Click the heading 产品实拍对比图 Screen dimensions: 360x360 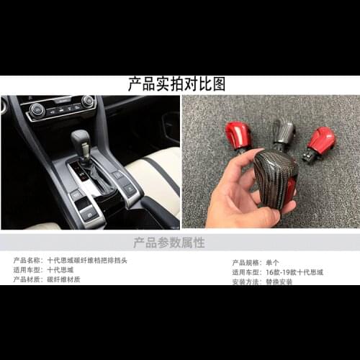click(x=176, y=84)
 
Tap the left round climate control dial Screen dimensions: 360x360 click(x=37, y=109)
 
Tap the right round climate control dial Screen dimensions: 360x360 click(x=88, y=102)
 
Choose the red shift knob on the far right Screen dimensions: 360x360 click(x=320, y=140)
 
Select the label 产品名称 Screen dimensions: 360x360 click(x=28, y=261)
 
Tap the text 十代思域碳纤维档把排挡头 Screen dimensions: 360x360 click(x=87, y=261)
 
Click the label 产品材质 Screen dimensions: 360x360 click(x=28, y=279)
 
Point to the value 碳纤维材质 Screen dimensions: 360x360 click(x=63, y=279)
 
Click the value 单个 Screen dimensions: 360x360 click(x=273, y=263)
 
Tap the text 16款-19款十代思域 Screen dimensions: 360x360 click(x=294, y=272)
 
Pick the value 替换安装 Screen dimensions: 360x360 click(x=279, y=282)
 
